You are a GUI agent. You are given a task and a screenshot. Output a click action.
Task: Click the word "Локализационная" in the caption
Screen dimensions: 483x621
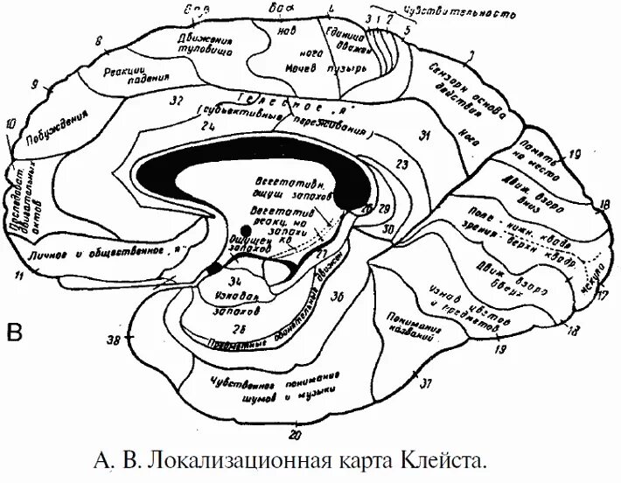230,459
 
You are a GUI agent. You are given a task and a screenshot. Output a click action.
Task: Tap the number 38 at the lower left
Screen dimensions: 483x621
113,339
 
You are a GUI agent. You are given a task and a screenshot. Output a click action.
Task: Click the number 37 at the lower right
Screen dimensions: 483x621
426,383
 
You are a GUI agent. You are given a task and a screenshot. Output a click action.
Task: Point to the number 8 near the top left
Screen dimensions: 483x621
99,40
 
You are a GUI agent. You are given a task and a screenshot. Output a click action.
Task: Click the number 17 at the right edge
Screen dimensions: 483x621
601,296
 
